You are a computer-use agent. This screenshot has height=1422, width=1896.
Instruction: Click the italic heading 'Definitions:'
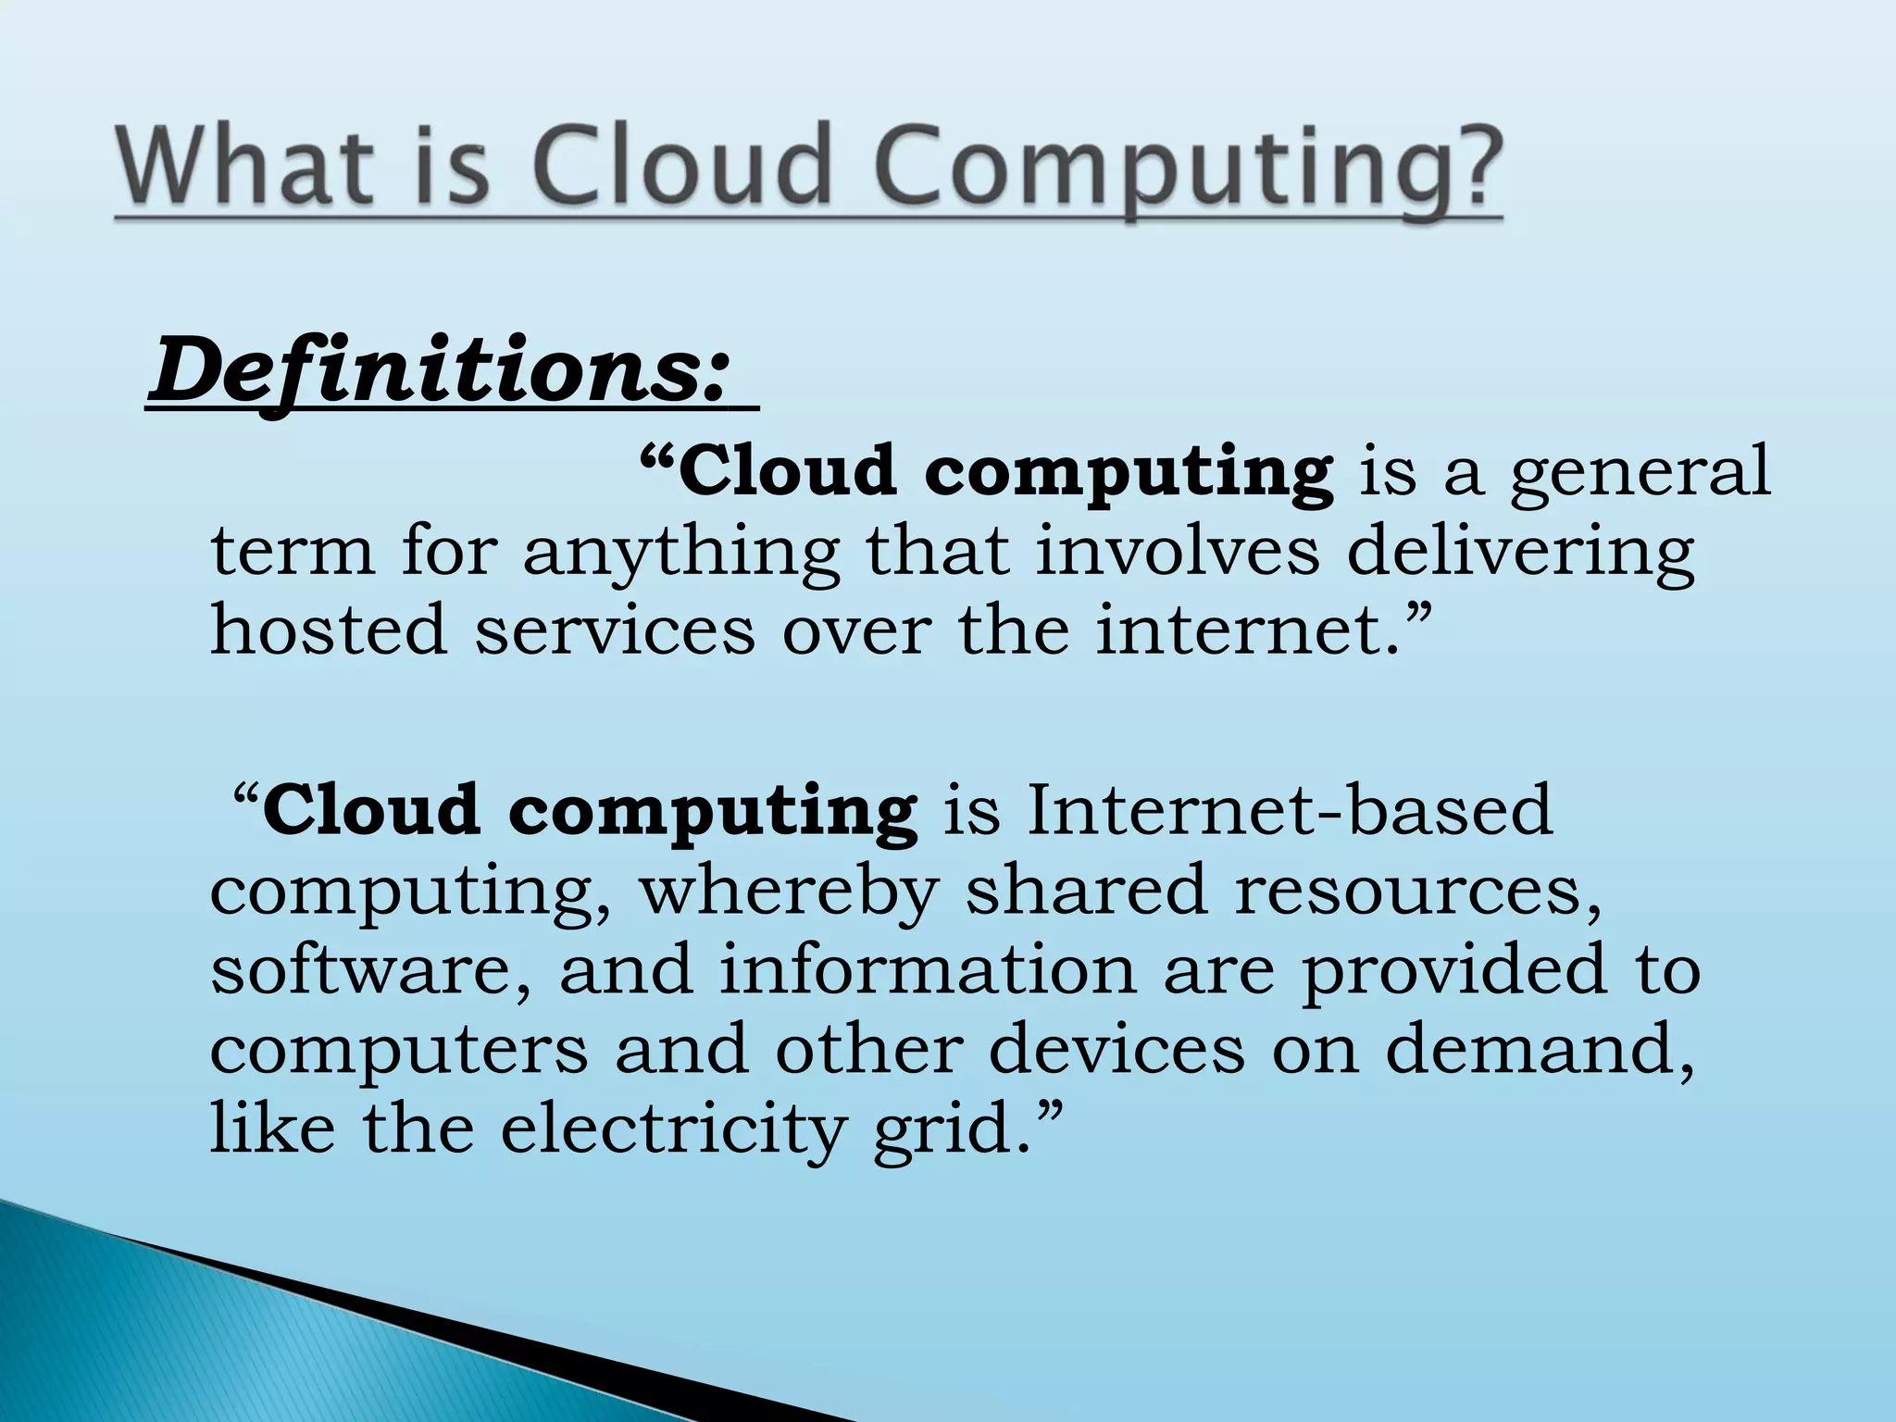(441, 370)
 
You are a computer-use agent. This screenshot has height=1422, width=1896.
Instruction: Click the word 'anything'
(681, 554)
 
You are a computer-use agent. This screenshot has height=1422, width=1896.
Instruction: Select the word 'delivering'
(1520, 554)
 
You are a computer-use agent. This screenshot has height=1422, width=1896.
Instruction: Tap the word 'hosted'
(329, 630)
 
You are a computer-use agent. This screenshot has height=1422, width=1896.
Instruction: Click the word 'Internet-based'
(1289, 810)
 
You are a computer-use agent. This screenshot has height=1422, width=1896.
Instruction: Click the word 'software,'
(370, 970)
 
